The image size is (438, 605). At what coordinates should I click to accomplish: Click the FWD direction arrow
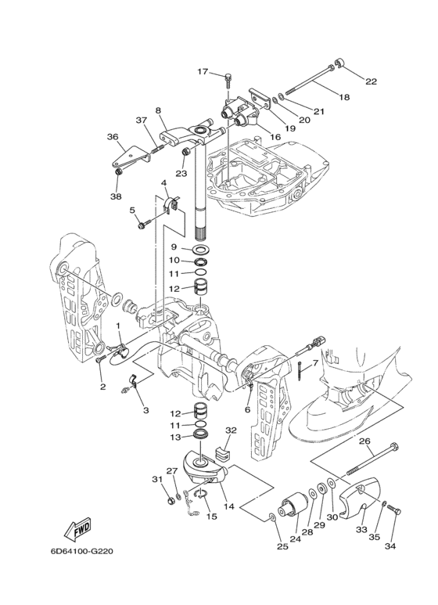click(x=77, y=528)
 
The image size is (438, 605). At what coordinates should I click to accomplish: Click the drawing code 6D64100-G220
click(x=81, y=551)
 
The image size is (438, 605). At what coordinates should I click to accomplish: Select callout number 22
click(x=371, y=81)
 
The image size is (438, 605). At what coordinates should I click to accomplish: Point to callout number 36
click(x=113, y=137)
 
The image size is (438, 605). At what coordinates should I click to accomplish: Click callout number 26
click(x=364, y=441)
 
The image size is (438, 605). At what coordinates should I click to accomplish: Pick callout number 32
click(x=231, y=430)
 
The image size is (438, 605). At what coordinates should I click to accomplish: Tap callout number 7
click(x=314, y=362)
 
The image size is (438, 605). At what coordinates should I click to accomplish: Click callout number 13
click(x=175, y=438)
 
